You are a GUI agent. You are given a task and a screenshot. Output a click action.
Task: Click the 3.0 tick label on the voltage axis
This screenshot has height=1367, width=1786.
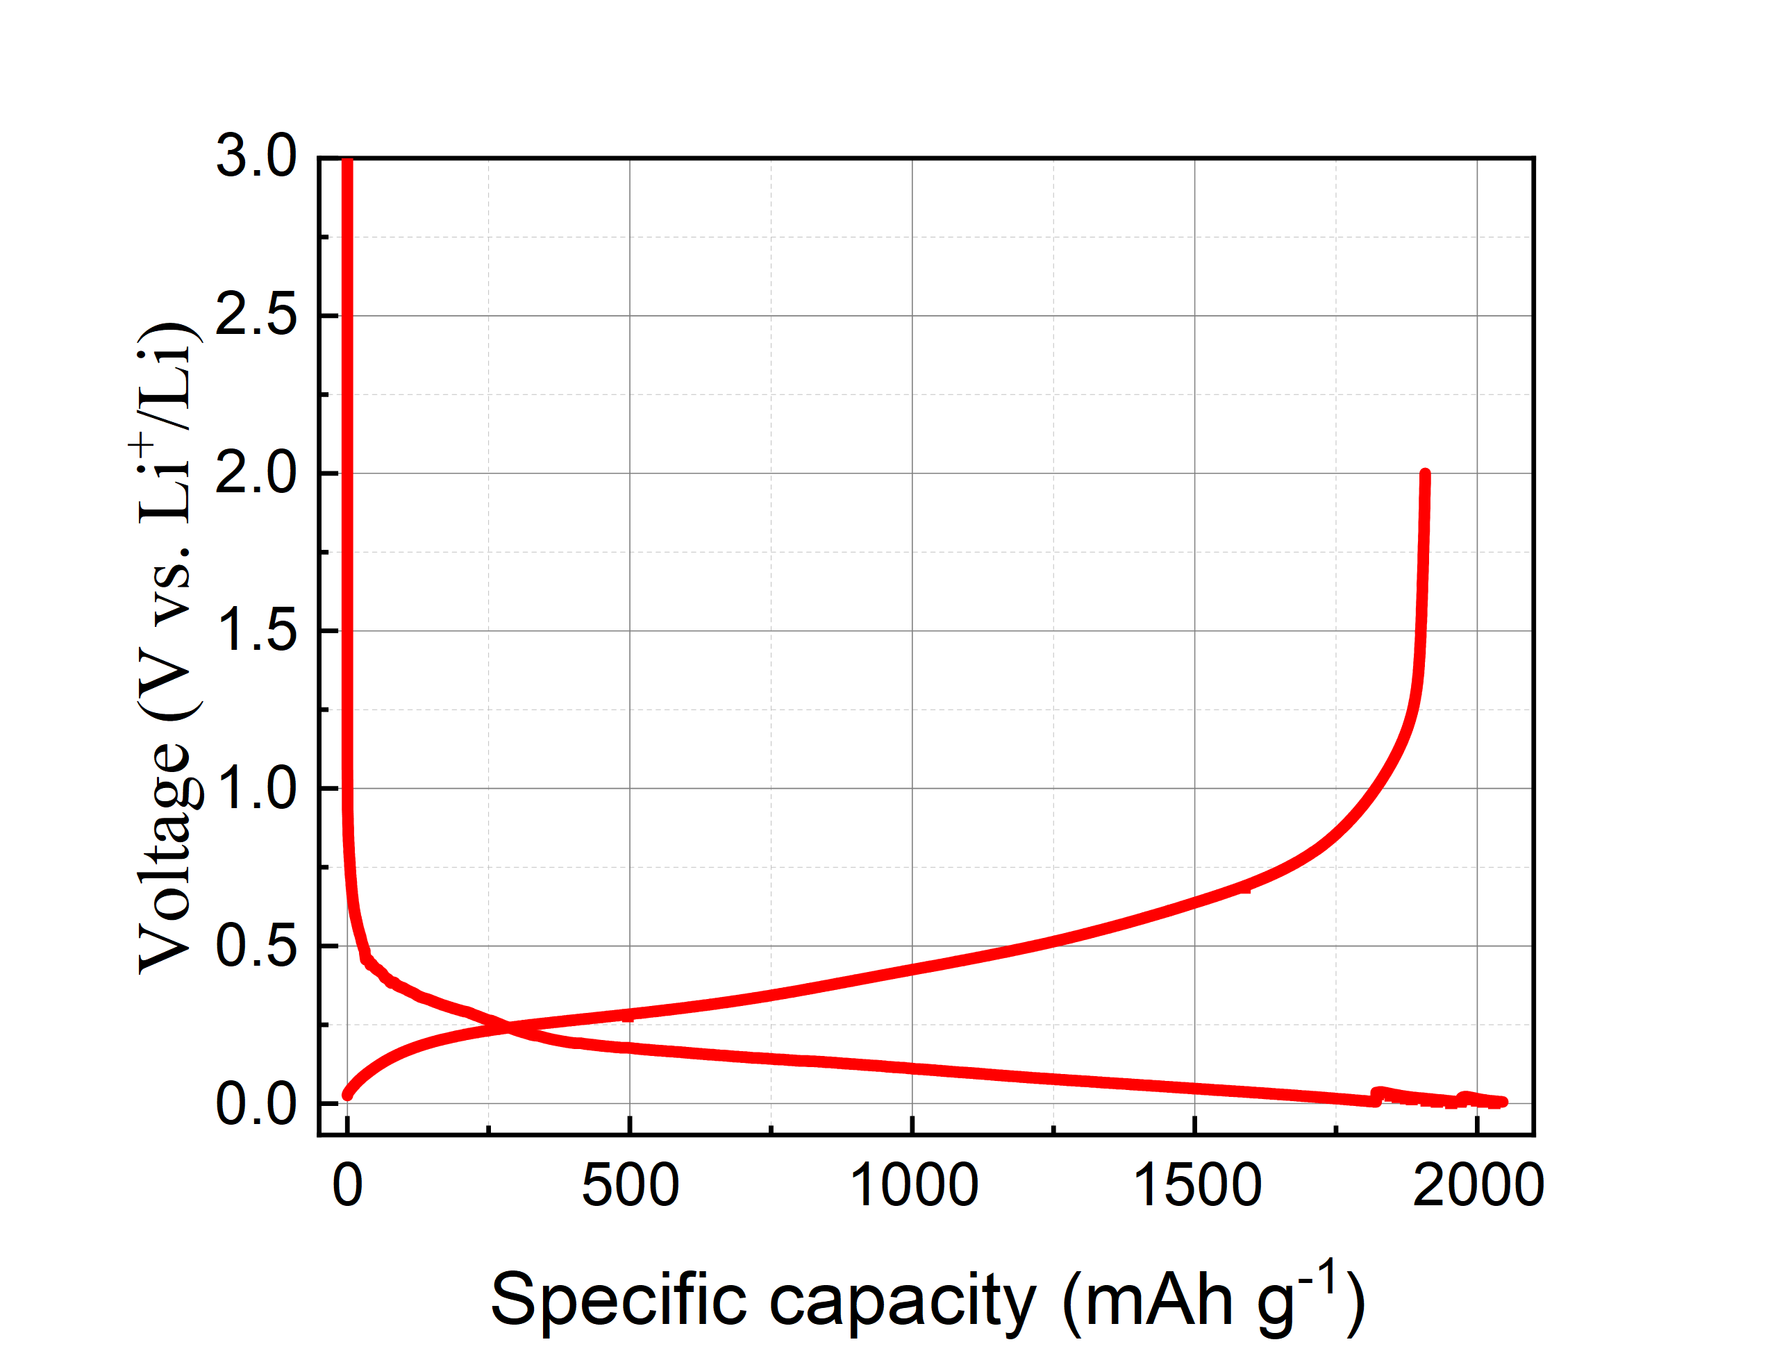pos(256,156)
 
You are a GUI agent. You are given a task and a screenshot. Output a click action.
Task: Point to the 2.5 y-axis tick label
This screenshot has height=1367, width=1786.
pos(256,315)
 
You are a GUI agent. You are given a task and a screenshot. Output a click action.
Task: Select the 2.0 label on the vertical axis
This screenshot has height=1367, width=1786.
pos(256,473)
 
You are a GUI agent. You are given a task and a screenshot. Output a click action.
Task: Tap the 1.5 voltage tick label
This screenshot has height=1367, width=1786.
pos(256,630)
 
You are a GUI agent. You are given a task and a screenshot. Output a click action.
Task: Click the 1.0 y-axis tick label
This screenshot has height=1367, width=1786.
pos(256,788)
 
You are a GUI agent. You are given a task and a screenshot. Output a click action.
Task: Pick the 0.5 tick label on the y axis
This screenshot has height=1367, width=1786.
pos(256,946)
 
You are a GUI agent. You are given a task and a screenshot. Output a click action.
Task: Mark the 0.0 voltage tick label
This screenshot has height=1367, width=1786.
pos(256,1103)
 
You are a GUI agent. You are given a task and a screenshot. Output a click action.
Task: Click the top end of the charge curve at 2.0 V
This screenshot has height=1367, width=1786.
pos(1425,474)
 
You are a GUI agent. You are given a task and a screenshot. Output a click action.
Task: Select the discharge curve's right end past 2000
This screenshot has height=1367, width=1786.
pos(1502,1102)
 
